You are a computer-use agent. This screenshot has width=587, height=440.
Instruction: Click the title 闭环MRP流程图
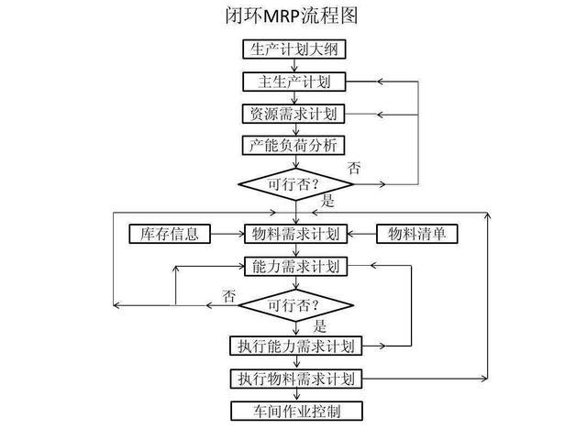(x=293, y=16)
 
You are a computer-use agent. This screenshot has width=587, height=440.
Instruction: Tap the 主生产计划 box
(x=294, y=82)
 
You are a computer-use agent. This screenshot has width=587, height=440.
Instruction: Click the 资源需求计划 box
(x=294, y=115)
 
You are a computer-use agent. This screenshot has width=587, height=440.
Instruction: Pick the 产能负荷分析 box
(x=294, y=146)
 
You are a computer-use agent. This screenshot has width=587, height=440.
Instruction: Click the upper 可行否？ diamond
(x=294, y=183)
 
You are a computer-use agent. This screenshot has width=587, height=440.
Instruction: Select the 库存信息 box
(x=170, y=234)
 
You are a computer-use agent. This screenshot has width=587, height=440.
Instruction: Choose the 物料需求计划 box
(x=294, y=234)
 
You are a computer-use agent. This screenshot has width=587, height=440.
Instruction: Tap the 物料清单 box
(x=418, y=234)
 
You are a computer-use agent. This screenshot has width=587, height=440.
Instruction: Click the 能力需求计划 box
(x=294, y=267)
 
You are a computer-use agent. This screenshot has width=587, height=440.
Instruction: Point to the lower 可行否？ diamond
(x=294, y=303)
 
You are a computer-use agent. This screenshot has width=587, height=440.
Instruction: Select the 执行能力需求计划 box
(x=294, y=346)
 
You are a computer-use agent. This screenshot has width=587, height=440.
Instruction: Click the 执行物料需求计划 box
(x=294, y=378)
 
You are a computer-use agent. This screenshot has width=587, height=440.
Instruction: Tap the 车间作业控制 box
(x=294, y=410)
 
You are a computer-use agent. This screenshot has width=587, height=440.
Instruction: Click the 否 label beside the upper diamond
(x=354, y=169)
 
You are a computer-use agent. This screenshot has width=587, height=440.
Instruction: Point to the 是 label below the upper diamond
(x=327, y=201)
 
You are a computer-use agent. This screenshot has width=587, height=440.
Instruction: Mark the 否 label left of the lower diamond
(x=229, y=295)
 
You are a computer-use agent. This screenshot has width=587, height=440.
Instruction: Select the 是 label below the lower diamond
(x=321, y=325)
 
